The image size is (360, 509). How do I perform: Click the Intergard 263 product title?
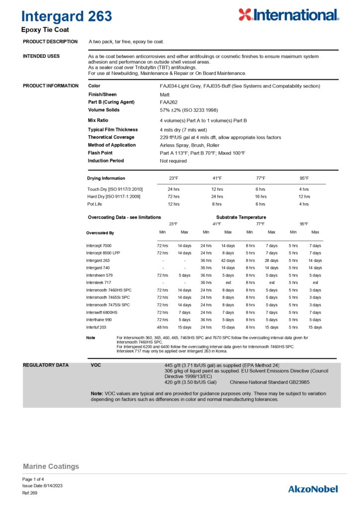[x=67, y=16]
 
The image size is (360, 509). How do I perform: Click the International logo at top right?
[x=288, y=15]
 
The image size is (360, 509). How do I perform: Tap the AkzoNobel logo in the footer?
[x=313, y=489]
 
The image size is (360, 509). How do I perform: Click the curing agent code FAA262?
[x=169, y=102]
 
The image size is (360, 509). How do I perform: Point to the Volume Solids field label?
[x=104, y=110]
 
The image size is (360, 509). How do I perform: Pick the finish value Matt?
[x=164, y=94]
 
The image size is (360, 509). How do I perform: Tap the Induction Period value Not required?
[x=173, y=161]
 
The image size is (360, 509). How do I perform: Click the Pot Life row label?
[x=95, y=204]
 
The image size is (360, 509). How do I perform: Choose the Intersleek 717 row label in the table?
[x=98, y=282]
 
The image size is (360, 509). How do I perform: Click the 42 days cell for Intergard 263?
[x=228, y=260]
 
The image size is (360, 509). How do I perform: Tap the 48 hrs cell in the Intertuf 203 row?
[x=162, y=327]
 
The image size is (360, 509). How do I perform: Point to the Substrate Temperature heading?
[x=241, y=217]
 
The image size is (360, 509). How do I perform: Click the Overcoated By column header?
[x=100, y=233]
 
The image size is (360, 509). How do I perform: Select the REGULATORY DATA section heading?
[x=46, y=365]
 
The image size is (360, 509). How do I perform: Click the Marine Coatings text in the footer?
[x=51, y=466]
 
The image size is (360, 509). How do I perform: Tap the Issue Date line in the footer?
[x=42, y=486]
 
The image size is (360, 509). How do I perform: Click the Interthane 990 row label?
[x=99, y=320]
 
